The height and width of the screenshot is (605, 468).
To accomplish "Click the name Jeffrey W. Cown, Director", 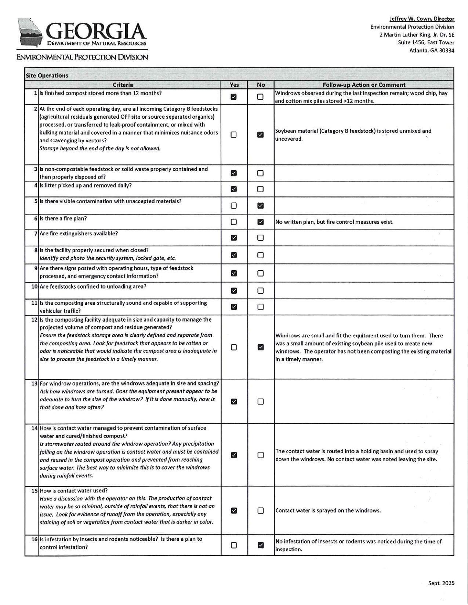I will [422, 19].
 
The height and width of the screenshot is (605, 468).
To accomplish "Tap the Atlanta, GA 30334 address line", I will [432, 51].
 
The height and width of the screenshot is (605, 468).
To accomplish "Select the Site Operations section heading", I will [47, 76].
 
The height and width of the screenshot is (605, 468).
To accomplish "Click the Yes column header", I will [234, 85].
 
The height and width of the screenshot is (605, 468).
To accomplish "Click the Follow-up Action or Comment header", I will [364, 85].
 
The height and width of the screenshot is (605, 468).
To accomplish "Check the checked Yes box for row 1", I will [233, 97].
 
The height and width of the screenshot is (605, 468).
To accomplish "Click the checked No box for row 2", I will [260, 135].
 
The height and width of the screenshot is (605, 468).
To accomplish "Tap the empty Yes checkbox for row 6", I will [233, 222].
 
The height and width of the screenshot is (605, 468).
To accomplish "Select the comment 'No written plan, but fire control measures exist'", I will [334, 222].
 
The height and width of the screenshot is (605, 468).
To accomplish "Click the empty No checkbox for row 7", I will [260, 238].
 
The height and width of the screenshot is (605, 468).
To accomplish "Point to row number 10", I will [35, 286].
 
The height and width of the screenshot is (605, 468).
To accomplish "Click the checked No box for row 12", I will [260, 347].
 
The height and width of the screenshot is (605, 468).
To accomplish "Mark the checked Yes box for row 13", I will [233, 401].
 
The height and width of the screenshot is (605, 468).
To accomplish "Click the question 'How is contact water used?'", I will [73, 491].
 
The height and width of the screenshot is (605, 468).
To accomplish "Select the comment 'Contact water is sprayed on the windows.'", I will [328, 510].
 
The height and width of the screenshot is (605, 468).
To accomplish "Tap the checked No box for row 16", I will [260, 545].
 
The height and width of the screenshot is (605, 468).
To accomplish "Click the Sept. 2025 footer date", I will [441, 583].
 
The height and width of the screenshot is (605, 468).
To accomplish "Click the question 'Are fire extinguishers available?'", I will [79, 234].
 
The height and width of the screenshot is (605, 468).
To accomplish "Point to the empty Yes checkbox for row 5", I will [233, 206].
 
